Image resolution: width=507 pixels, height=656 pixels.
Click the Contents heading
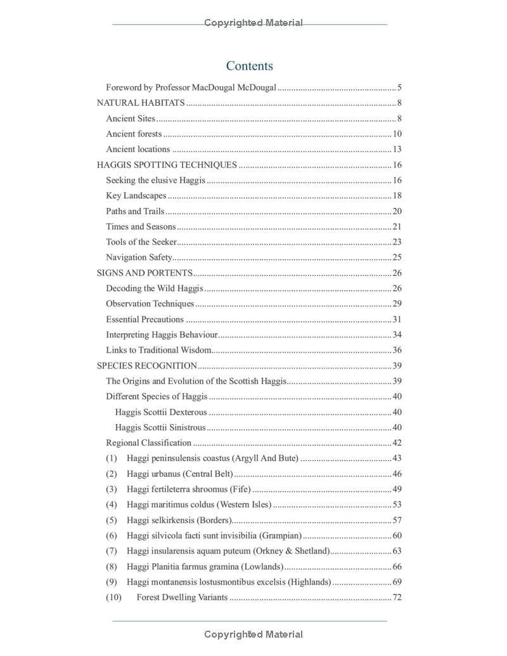pos(250,66)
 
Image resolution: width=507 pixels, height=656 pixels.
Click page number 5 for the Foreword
pos(399,87)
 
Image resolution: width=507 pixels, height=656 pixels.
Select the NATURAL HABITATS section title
pos(141,103)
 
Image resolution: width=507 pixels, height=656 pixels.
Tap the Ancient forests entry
pos(134,134)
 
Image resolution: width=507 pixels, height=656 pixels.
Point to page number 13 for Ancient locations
pos(397,150)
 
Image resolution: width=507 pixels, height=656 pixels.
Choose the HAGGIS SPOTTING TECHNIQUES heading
pos(167,165)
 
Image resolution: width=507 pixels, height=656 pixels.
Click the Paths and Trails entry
pos(135,211)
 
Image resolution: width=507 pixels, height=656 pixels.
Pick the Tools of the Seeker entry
pos(141,241)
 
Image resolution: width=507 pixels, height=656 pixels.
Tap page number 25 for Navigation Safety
pos(397,257)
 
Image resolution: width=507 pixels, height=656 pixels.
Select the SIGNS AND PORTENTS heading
pos(144,273)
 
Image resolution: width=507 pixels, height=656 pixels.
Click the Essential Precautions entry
pos(144,319)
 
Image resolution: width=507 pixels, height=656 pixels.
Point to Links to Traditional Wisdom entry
pos(158,350)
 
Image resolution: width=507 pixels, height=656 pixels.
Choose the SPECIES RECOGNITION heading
pos(147,366)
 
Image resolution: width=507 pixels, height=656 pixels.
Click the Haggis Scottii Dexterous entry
pos(161,412)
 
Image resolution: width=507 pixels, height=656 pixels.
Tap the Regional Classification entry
pos(148,443)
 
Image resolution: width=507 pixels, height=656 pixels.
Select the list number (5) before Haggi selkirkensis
pos(112,520)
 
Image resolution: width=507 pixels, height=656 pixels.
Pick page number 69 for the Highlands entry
pos(397,582)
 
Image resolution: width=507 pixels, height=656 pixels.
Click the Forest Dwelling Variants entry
pos(182,597)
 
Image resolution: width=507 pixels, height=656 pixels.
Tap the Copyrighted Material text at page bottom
pos(253,634)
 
